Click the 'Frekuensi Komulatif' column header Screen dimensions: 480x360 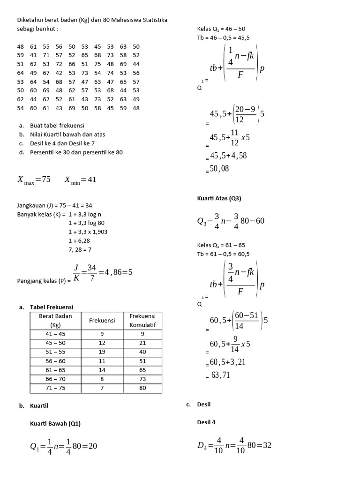click(x=142, y=321)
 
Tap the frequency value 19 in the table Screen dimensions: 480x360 click(x=102, y=352)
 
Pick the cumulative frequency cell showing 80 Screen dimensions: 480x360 click(x=142, y=388)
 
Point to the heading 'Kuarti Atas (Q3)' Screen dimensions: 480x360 click(x=219, y=198)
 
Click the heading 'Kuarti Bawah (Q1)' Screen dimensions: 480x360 click(x=55, y=423)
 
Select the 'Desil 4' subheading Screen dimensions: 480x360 click(x=206, y=422)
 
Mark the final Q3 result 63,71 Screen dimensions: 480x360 click(x=220, y=375)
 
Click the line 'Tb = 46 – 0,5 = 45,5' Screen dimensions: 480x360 click(x=223, y=37)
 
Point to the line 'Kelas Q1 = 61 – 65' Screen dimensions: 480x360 click(x=221, y=245)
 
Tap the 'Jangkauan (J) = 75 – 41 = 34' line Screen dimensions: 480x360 click(x=54, y=205)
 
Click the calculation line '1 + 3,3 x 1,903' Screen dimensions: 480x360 click(x=88, y=232)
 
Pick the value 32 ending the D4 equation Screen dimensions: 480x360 click(x=267, y=445)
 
